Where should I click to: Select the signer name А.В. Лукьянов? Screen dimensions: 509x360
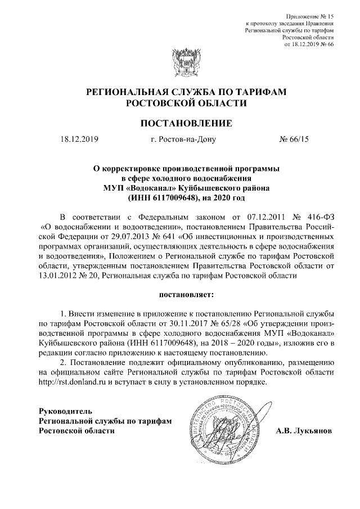pos(304,431)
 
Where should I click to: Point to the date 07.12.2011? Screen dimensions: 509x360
pos(253,218)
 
